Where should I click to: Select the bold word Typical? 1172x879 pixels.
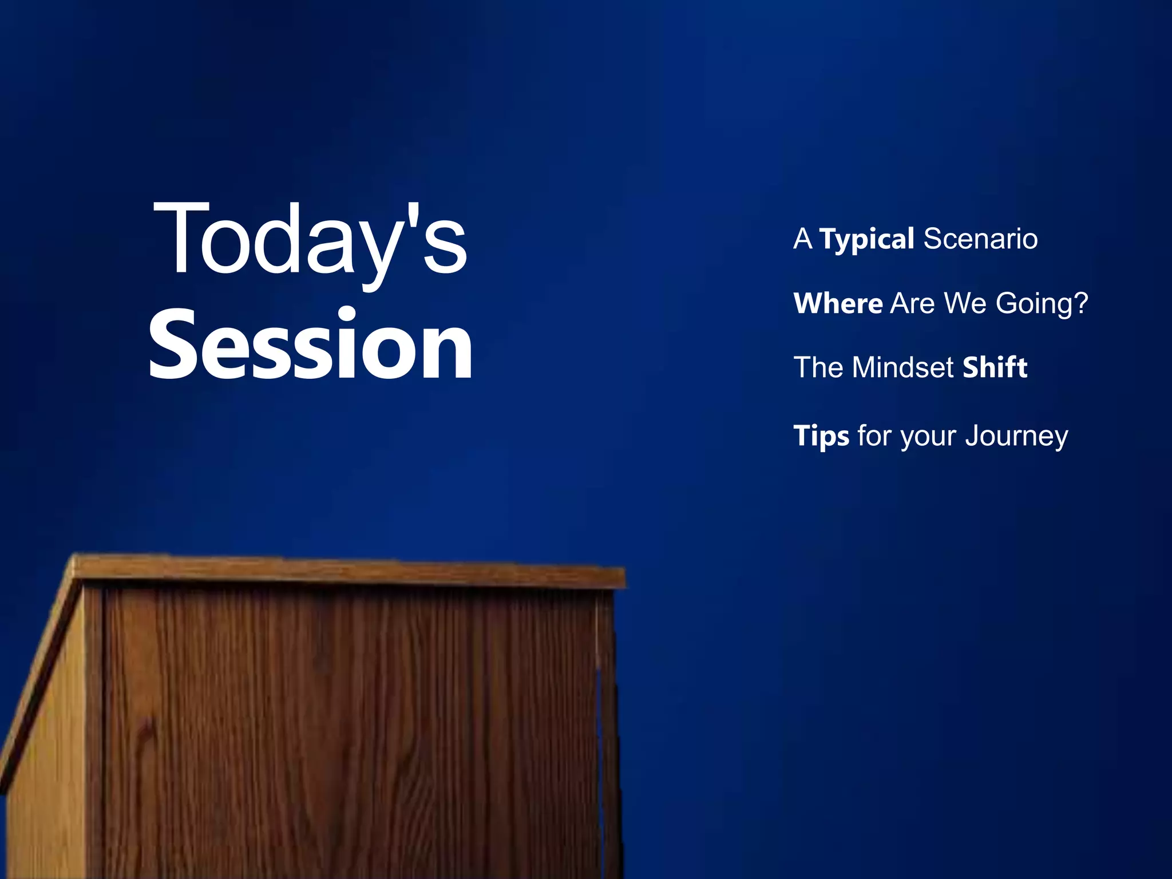(866, 239)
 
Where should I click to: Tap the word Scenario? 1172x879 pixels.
(980, 239)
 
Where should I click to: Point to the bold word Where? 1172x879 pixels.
(838, 303)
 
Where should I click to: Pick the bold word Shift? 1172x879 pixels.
(995, 367)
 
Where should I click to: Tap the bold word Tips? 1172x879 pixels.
(821, 436)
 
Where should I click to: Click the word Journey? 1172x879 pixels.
(1016, 436)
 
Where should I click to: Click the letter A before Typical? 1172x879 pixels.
(802, 239)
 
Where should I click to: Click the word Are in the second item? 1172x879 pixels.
(912, 303)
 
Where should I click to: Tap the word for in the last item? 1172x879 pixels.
(874, 436)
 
